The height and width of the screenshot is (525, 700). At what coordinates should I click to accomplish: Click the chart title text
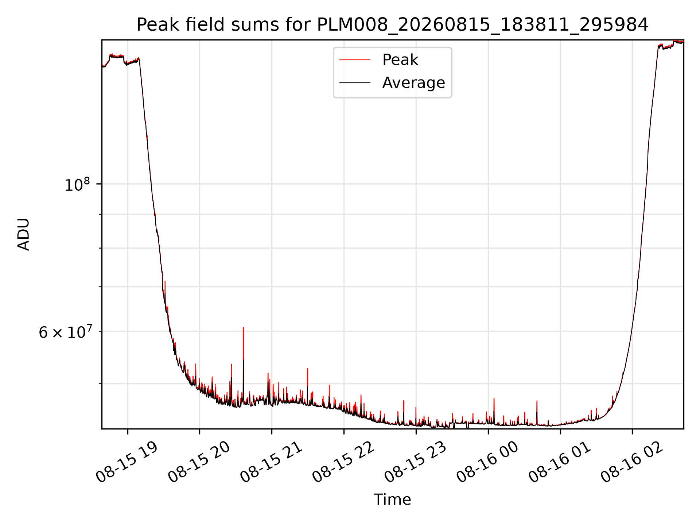(x=392, y=25)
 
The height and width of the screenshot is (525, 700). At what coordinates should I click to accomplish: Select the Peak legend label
(x=400, y=60)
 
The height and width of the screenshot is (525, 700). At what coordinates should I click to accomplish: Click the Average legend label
(x=413, y=83)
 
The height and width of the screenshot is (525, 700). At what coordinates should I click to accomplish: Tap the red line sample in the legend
(x=355, y=60)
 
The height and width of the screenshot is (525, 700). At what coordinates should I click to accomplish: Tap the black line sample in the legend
(x=355, y=83)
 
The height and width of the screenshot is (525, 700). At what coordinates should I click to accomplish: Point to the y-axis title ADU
(x=24, y=234)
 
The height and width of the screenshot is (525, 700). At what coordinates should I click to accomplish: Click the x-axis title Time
(x=392, y=499)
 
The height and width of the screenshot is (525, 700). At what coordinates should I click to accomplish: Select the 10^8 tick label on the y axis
(x=77, y=184)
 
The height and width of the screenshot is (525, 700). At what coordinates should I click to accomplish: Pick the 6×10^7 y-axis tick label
(x=66, y=332)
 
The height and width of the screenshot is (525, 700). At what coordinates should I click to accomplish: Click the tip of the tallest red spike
(x=243, y=327)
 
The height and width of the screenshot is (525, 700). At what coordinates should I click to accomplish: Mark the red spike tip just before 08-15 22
(x=330, y=385)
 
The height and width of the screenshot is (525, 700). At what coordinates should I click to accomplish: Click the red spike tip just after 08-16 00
(x=494, y=398)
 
